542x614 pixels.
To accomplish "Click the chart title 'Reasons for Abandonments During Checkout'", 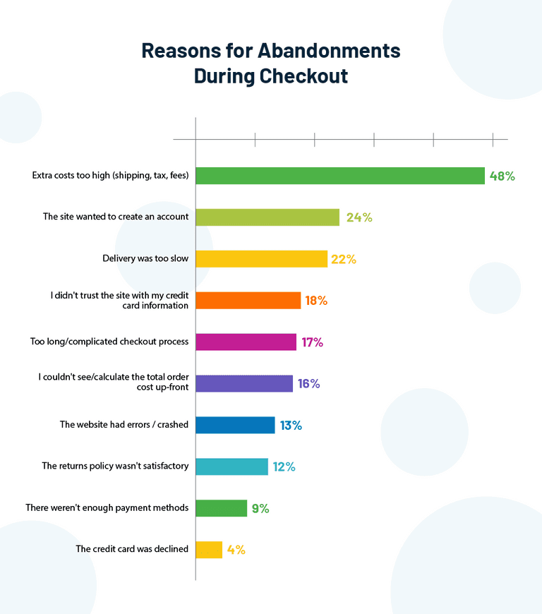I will [x=271, y=64].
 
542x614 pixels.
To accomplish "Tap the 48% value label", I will [x=502, y=176].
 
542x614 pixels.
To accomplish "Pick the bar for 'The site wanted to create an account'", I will [x=267, y=217].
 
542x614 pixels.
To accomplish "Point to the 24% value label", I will [x=359, y=217].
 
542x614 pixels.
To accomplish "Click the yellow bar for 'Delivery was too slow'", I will [x=261, y=259].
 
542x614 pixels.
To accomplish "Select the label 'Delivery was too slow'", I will [x=145, y=259].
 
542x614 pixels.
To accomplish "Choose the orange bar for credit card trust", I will [x=248, y=301].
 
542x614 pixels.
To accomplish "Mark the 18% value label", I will [x=316, y=301].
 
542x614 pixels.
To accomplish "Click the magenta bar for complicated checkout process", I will [x=246, y=342].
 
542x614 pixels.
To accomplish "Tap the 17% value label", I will [x=312, y=342].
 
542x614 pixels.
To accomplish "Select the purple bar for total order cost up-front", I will [x=244, y=384].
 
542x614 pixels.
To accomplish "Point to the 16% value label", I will [x=308, y=384].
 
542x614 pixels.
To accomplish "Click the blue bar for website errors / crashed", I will [x=235, y=425].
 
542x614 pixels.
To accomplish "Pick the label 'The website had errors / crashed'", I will [x=124, y=425].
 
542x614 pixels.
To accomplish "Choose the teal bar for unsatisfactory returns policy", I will [x=231, y=466].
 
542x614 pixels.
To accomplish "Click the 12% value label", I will [x=284, y=466].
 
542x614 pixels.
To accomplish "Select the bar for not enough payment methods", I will [x=221, y=508].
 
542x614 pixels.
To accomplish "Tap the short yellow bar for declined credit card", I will [x=209, y=550].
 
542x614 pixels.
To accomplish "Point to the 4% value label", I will [x=236, y=550].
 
